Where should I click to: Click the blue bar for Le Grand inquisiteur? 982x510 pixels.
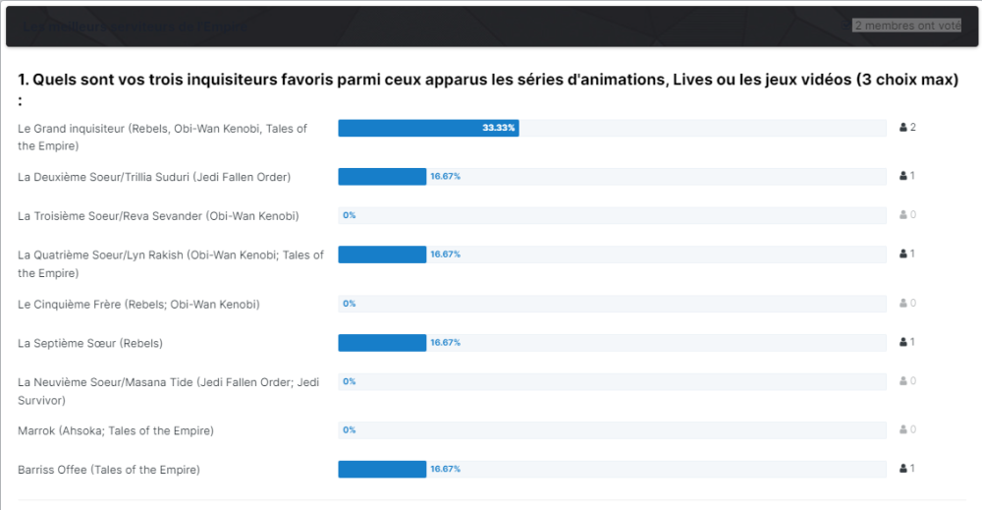coord(428,128)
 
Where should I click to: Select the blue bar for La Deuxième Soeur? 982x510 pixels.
coord(382,177)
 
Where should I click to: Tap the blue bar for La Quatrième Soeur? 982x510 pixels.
coord(382,255)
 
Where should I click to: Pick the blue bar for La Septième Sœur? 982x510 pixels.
coord(382,343)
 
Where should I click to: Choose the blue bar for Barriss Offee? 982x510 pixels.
coord(382,470)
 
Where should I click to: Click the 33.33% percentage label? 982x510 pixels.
coord(499,128)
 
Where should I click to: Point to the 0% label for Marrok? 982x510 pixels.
coord(349,430)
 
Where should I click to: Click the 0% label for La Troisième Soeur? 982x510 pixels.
coord(349,215)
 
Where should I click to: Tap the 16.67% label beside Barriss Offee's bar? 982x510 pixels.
coord(445,470)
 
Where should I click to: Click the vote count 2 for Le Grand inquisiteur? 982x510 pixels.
coord(912,128)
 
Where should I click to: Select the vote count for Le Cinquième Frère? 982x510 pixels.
coord(912,304)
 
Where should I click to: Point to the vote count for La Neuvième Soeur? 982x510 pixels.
coord(912,381)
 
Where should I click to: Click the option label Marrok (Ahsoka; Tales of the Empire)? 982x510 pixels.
coord(116,430)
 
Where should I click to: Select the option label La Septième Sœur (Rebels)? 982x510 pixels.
coord(90,343)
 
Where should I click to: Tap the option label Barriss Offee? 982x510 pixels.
coord(109,470)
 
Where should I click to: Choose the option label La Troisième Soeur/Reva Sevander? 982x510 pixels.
coord(158,215)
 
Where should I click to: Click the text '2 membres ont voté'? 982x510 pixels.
coord(906,26)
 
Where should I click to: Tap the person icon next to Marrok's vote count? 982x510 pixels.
coord(903,430)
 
